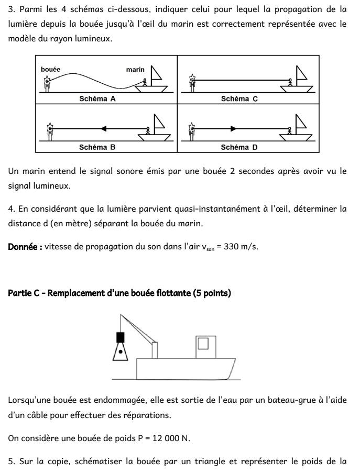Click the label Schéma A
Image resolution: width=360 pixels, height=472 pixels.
[x=97, y=98]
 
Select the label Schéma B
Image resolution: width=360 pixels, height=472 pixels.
[x=97, y=147]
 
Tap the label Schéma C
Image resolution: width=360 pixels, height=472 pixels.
[x=239, y=98]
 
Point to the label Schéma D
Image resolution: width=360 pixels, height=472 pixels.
[x=239, y=147]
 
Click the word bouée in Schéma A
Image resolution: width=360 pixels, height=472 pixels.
[x=50, y=70]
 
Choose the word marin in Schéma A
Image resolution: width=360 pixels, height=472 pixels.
[x=135, y=70]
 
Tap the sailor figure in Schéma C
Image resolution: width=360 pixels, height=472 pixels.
[x=290, y=82]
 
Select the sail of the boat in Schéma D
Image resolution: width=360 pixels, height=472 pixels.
[x=302, y=122]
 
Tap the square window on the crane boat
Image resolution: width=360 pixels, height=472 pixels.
[x=204, y=344]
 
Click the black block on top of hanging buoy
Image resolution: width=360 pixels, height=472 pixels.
[x=121, y=337]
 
